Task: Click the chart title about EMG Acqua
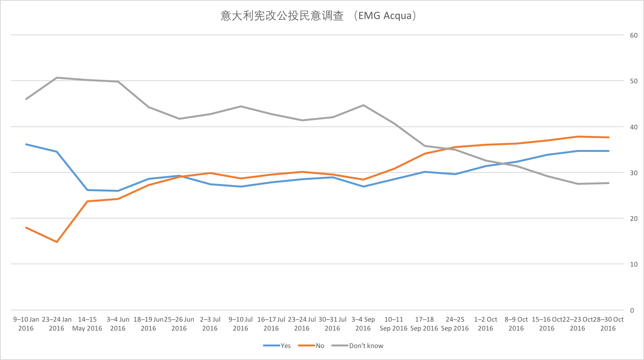318,16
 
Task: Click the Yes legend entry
285,346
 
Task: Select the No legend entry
319,346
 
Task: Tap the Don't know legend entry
366,346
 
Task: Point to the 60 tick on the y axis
634,35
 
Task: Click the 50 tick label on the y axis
634,81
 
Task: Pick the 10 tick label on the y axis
634,264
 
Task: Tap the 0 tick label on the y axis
632,310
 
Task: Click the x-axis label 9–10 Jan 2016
26,324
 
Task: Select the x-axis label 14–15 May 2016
87,324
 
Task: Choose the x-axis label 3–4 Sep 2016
363,324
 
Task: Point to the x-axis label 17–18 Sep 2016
424,324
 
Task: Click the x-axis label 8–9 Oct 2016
516,324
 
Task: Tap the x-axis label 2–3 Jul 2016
210,324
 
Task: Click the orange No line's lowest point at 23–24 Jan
57,242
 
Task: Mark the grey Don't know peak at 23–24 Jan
57,78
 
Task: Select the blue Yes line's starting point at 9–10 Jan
26,144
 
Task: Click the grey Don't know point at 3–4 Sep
363,105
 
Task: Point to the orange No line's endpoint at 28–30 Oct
608,137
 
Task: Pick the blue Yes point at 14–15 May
88,190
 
